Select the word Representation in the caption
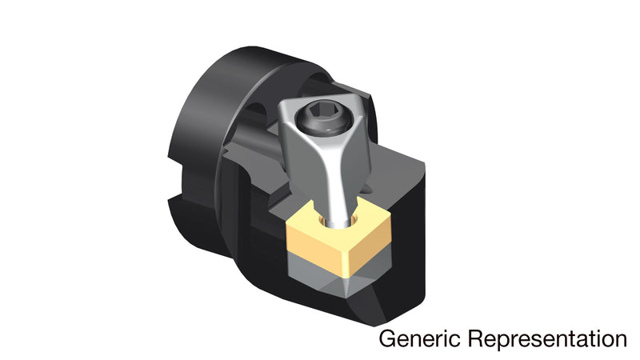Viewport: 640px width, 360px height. click(x=547, y=339)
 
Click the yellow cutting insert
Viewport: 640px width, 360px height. click(x=338, y=237)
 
